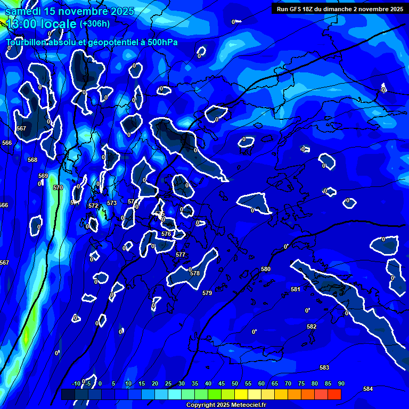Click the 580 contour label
[266, 269]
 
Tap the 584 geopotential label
[368, 389]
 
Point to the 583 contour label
[324, 367]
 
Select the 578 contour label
[195, 273]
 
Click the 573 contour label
[112, 203]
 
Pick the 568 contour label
[32, 160]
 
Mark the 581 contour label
[296, 289]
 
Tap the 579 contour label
[207, 293]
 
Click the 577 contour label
[181, 255]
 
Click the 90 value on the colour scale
[341, 383]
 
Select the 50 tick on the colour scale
[234, 383]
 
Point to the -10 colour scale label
[76, 383]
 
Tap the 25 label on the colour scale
[168, 383]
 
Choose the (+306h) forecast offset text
[95, 24]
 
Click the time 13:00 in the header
[24, 24]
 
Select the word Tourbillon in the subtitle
[26, 42]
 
